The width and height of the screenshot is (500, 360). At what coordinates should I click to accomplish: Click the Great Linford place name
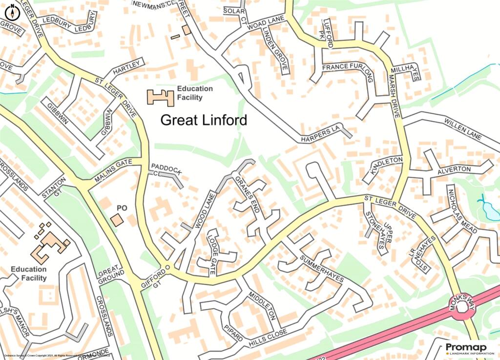click(x=204, y=120)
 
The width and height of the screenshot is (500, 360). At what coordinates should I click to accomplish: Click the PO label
click(x=121, y=208)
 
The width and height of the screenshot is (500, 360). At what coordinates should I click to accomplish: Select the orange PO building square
click(x=117, y=220)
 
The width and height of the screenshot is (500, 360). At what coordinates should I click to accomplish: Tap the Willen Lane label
click(x=461, y=128)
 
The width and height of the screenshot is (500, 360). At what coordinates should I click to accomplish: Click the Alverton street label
click(x=454, y=169)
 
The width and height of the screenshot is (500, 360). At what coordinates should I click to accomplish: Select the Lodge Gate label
click(x=211, y=254)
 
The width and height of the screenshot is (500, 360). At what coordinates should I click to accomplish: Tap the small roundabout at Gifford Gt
click(x=167, y=268)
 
